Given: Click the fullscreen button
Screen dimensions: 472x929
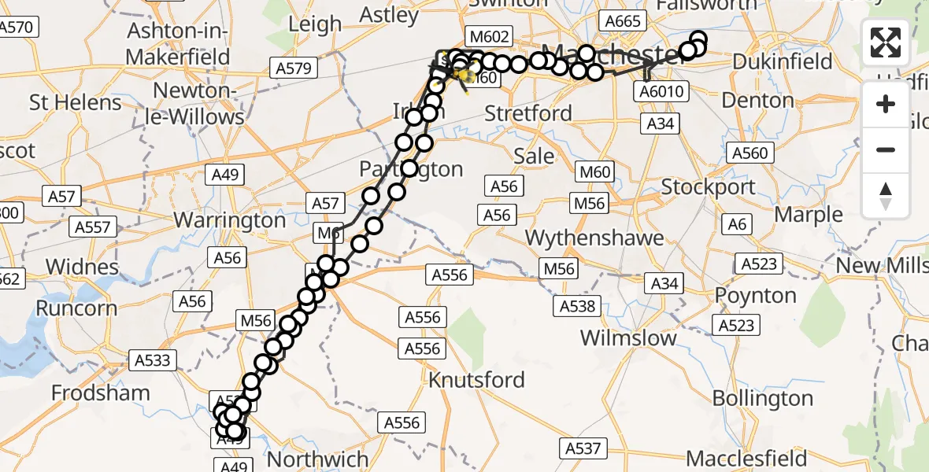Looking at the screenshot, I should (886, 42).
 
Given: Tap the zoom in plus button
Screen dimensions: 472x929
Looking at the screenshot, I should (886, 104).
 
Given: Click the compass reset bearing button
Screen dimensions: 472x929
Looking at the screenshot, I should (886, 195).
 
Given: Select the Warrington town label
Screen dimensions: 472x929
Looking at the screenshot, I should (230, 219).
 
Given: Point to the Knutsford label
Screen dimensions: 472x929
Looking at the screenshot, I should (476, 380).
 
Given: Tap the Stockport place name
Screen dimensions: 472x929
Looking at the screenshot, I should (709, 187).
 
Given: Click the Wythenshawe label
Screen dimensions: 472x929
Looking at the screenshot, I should (594, 238).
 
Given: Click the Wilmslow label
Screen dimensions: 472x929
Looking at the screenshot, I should (628, 338).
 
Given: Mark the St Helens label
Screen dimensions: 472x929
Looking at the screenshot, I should (76, 102).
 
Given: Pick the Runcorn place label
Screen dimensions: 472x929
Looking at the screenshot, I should (77, 308).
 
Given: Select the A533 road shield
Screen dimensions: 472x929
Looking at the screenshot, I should (151, 361).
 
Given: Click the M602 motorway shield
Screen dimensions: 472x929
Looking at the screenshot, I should (489, 36).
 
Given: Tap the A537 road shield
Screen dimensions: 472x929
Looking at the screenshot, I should (583, 449).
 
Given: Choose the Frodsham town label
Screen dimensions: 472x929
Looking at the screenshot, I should (100, 393).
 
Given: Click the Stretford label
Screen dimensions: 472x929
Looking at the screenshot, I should (528, 113).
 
